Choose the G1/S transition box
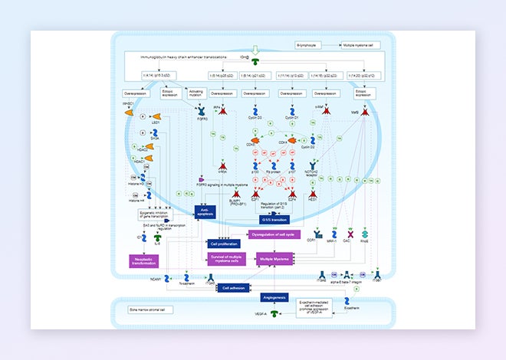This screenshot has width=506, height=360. point(274,219)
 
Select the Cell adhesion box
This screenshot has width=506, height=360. point(234,287)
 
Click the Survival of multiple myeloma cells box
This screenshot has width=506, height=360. point(228,259)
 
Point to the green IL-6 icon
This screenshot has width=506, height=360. point(158,239)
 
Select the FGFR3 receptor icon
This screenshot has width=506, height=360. point(202,111)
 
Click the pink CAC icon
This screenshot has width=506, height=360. point(349,233)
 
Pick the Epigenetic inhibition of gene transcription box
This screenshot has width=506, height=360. point(155,215)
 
